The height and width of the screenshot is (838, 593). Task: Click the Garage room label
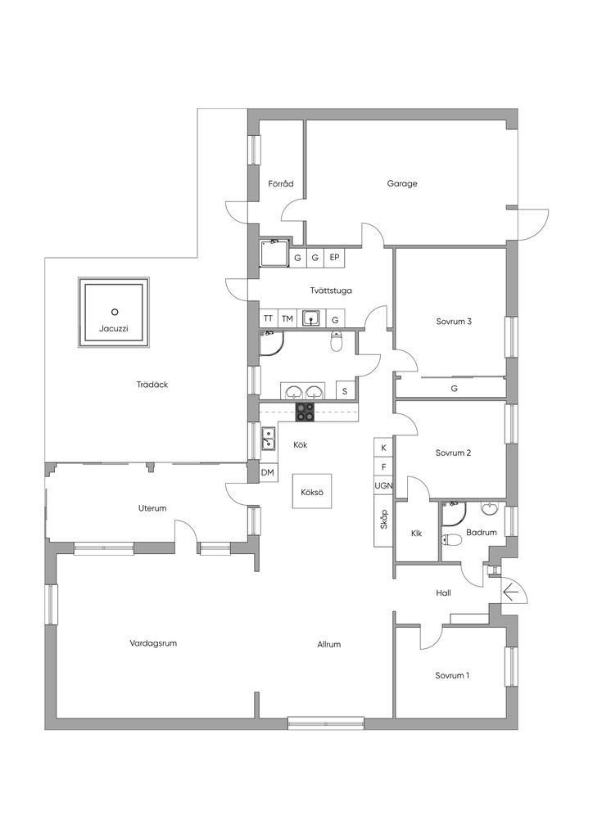tap(402, 184)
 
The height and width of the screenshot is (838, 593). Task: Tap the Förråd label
tap(281, 184)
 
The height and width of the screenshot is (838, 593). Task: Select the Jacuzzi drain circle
tap(114, 312)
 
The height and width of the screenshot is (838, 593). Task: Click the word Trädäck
tap(152, 385)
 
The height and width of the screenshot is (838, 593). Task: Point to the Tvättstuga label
tap(331, 291)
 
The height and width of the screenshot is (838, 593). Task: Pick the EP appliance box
tap(334, 258)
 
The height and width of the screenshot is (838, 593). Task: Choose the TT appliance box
tap(269, 318)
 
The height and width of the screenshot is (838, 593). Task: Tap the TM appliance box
tap(287, 318)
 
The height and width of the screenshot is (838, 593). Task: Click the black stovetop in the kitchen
tap(306, 412)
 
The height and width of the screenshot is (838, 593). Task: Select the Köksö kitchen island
tap(312, 491)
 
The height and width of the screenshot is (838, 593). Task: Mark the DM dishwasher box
tap(268, 472)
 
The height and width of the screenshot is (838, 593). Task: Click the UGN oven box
tap(383, 486)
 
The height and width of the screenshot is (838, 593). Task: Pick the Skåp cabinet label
tap(384, 520)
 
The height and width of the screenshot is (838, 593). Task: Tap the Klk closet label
tap(417, 534)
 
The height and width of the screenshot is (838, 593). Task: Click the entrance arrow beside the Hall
tap(511, 592)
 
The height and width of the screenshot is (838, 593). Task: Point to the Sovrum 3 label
tap(454, 322)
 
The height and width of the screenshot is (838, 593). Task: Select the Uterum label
tap(152, 508)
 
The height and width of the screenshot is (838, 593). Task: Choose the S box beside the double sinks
tap(345, 391)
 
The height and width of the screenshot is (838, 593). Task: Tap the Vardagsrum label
tap(153, 643)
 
